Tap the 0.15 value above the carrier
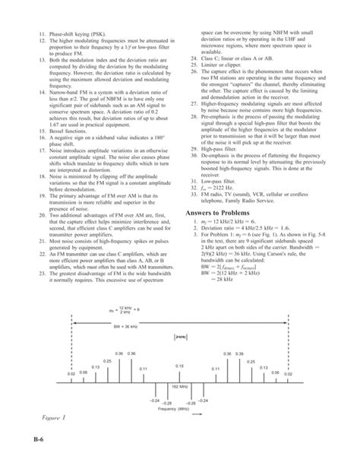coord(179,366)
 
